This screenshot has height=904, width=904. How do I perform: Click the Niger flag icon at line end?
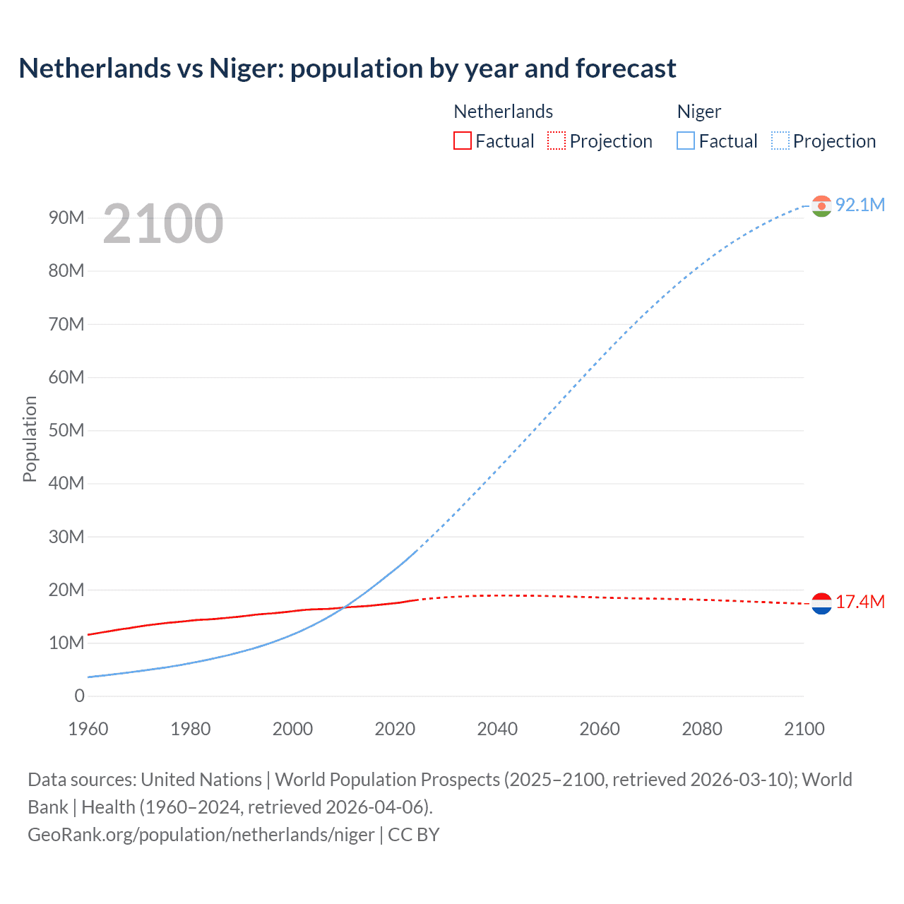click(x=821, y=206)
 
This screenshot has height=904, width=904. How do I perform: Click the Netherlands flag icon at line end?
click(x=821, y=603)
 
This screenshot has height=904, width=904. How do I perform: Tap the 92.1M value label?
click(x=860, y=205)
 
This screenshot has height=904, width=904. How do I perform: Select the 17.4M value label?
click(x=860, y=602)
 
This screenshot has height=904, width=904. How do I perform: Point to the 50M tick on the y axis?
click(x=66, y=430)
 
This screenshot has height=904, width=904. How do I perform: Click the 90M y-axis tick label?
click(x=66, y=218)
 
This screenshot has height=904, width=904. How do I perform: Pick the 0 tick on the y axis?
click(x=79, y=696)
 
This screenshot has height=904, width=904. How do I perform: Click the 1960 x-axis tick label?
click(x=88, y=729)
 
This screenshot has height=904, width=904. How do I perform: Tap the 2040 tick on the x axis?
click(x=497, y=729)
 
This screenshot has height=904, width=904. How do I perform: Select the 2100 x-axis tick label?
click(x=804, y=729)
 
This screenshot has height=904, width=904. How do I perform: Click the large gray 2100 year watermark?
click(x=163, y=224)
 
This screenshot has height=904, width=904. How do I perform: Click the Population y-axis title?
click(x=30, y=439)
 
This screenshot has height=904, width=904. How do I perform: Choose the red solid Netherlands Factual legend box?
click(x=462, y=141)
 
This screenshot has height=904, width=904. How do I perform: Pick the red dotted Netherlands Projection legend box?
click(x=557, y=141)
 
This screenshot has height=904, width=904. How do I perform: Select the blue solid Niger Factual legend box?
click(x=686, y=141)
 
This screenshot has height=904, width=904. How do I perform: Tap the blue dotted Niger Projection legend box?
click(x=780, y=141)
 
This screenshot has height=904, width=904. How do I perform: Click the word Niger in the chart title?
click(x=246, y=69)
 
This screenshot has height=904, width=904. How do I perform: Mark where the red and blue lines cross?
click(x=344, y=607)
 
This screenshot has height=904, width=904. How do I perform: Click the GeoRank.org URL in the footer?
click(x=201, y=835)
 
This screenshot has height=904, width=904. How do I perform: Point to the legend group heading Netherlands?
click(x=503, y=112)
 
